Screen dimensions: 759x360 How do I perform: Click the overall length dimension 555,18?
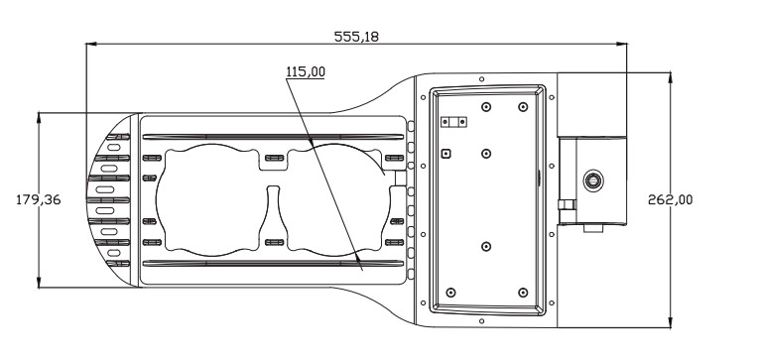(x=356, y=37)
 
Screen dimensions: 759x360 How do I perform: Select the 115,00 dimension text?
(x=306, y=72)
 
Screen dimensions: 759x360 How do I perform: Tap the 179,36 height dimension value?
(x=39, y=200)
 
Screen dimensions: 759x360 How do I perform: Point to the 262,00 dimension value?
(x=671, y=200)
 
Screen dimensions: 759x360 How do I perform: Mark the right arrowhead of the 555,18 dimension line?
(x=621, y=44)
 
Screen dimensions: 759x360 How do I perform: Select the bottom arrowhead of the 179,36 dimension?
(x=39, y=282)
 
